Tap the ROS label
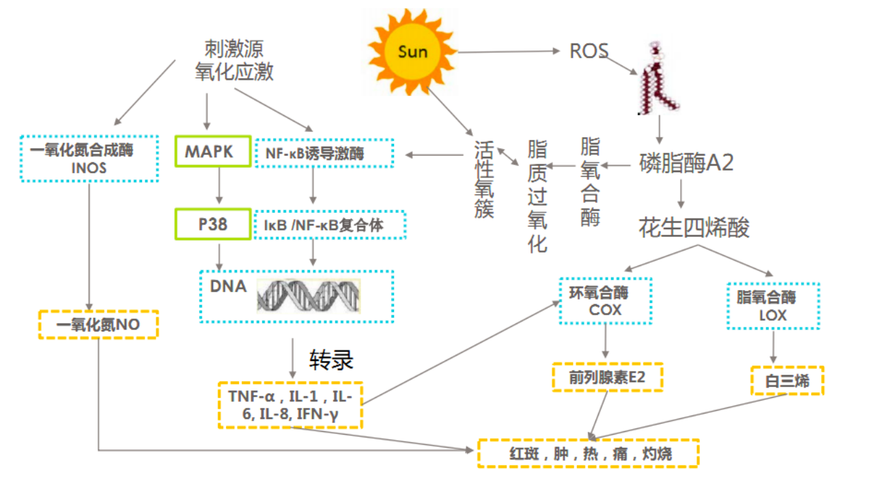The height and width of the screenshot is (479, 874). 589,51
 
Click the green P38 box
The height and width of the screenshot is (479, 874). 213,224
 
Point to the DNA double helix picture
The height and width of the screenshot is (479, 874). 309,295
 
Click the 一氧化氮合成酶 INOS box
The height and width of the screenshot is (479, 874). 89,158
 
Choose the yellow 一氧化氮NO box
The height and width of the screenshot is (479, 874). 98,325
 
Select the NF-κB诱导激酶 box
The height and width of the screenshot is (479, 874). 324,154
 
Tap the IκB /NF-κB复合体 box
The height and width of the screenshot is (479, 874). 330,224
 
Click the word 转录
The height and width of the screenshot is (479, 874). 332,360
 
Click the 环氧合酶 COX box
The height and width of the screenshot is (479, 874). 606,301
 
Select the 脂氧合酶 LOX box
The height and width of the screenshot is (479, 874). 773,305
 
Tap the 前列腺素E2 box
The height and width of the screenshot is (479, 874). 607,377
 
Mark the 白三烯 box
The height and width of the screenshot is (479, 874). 787,381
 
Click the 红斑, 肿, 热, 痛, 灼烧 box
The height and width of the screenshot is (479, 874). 588,453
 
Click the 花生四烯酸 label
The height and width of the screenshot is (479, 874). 694,227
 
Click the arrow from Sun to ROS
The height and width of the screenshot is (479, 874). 509,52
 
